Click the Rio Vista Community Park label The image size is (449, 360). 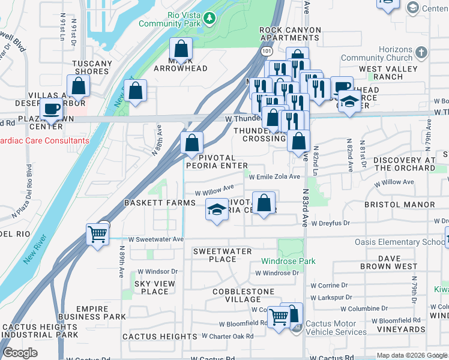pos(169,19)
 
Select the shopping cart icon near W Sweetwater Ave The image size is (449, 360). pos(97,233)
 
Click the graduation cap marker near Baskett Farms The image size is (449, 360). pos(216,210)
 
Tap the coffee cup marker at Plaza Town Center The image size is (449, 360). pos(52,110)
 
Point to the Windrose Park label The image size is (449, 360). pos(288,262)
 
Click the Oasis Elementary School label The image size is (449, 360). pos(408,242)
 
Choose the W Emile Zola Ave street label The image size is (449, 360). pos(274,176)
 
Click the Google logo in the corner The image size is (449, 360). pos(20,353)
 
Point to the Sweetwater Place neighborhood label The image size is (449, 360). pos(222,255)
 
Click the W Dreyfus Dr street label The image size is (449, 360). pos(330,223)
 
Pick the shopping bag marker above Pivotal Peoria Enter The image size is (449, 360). pos(191,143)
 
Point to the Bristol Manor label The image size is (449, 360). pos(399,205)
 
